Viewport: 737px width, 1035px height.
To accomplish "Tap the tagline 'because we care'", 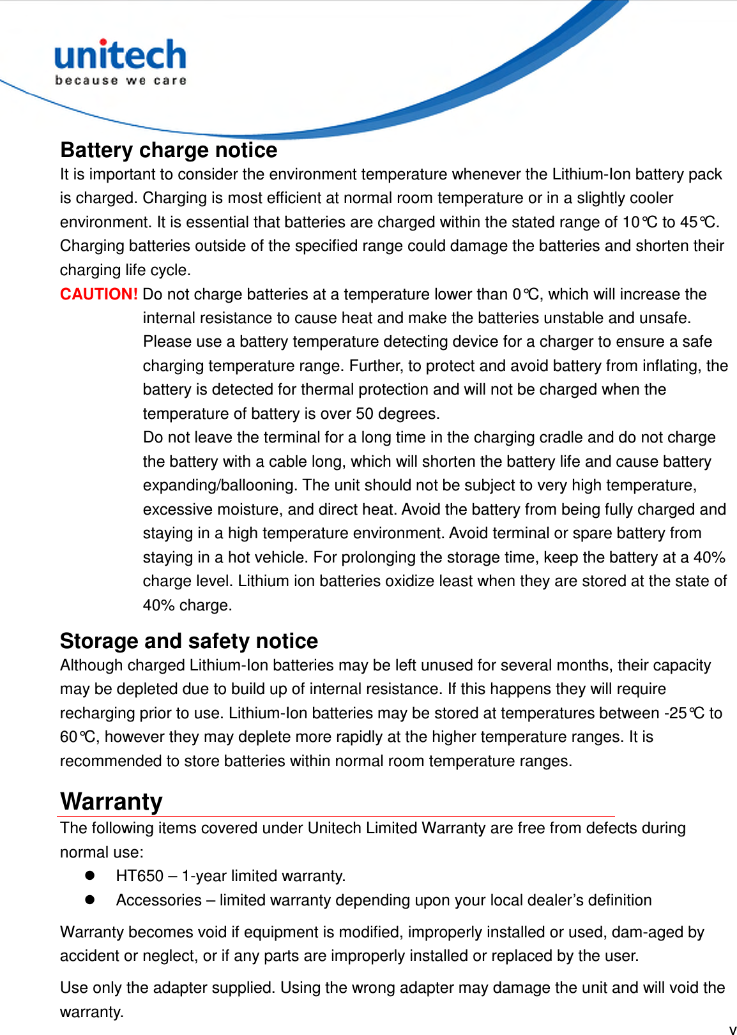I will coord(120,80).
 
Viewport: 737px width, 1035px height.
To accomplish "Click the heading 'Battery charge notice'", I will coord(169,150).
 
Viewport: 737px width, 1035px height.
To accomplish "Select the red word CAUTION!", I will coord(98,294).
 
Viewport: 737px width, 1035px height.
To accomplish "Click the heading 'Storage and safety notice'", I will coord(188,641).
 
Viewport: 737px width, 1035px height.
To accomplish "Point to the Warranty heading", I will coord(111,801).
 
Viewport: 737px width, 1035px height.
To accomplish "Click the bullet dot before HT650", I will coord(89,875).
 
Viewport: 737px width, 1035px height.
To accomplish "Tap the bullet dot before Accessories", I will coord(89,900).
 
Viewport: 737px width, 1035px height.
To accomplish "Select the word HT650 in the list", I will coord(139,876).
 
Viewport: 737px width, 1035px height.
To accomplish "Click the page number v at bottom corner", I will coord(732,1029).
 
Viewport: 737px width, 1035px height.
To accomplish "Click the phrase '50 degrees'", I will coord(396,414).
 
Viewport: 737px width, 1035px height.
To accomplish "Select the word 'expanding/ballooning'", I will coord(219,485).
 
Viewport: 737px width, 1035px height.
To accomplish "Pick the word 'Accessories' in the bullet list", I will coord(158,900).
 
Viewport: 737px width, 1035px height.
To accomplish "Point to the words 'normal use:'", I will coord(102,852).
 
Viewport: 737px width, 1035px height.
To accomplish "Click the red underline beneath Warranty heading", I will coord(335,816).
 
